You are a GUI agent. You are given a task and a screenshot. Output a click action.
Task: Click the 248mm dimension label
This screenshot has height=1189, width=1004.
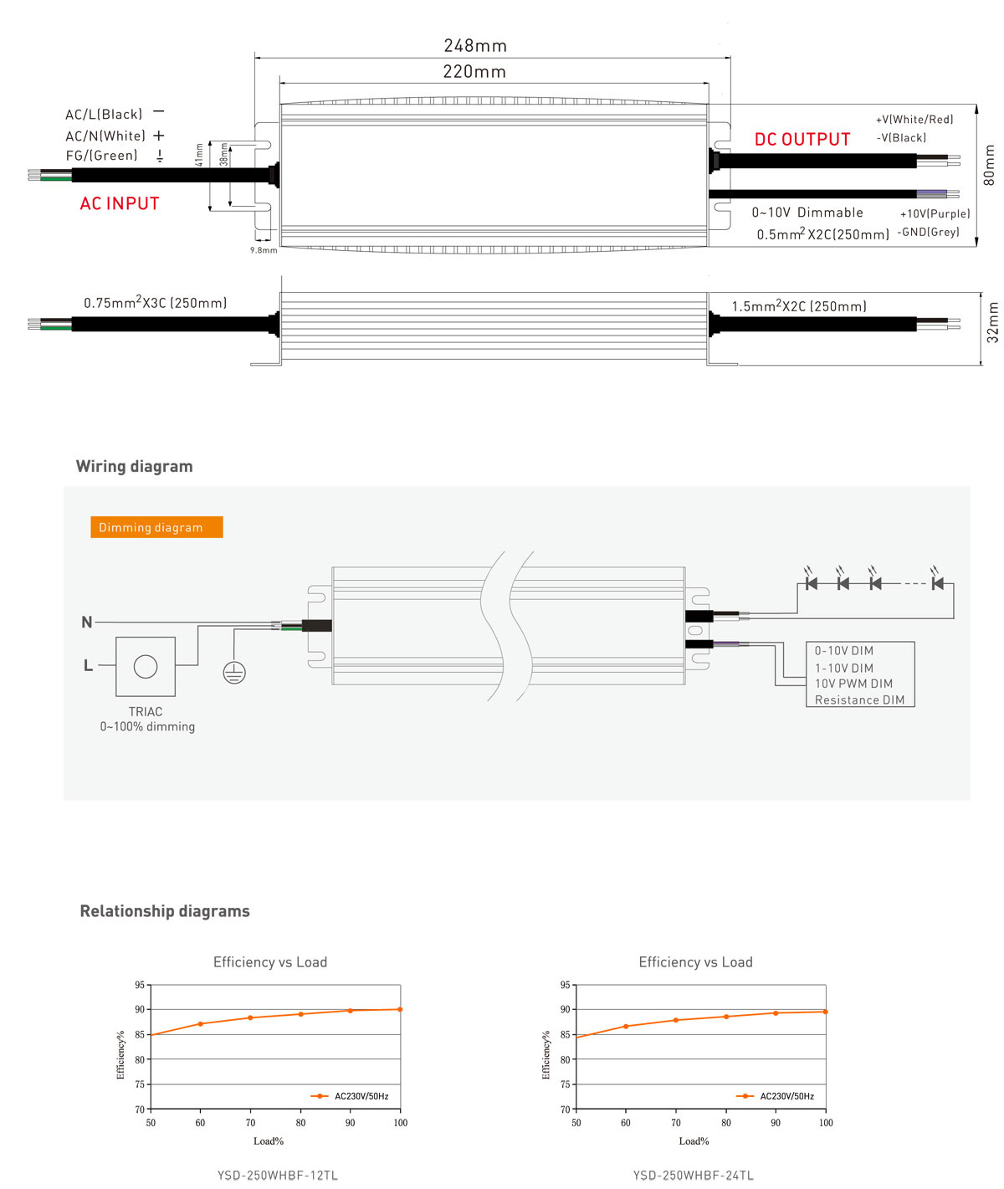pyautogui.click(x=475, y=46)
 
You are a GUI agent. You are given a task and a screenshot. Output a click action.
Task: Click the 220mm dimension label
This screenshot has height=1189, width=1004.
pyautogui.click(x=474, y=72)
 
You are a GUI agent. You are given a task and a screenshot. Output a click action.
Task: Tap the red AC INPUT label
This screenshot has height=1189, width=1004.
pyautogui.click(x=120, y=204)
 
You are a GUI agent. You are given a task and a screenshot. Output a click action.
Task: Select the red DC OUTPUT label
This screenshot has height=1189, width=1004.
pyautogui.click(x=802, y=140)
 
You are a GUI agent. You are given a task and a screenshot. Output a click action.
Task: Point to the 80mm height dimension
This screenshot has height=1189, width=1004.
pyautogui.click(x=990, y=165)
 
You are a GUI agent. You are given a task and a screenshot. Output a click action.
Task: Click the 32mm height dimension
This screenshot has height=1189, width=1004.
pyautogui.click(x=993, y=322)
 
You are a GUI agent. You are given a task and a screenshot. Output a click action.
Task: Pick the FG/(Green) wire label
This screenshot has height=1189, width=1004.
pyautogui.click(x=102, y=156)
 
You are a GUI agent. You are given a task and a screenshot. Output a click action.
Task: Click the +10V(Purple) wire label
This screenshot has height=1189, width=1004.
pyautogui.click(x=935, y=214)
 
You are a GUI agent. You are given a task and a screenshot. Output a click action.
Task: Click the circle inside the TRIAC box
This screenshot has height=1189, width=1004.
pyautogui.click(x=146, y=666)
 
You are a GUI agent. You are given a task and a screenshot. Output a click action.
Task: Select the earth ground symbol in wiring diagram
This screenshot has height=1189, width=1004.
pyautogui.click(x=234, y=672)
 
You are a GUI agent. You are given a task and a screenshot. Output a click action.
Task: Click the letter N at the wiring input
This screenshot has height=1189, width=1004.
pyautogui.click(x=87, y=623)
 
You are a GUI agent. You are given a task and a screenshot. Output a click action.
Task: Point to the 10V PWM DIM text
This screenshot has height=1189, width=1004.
pyautogui.click(x=853, y=684)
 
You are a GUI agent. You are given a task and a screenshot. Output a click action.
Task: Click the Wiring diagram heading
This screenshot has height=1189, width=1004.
pyautogui.click(x=135, y=467)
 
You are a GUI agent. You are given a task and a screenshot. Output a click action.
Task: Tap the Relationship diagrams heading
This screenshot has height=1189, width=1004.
pyautogui.click(x=165, y=911)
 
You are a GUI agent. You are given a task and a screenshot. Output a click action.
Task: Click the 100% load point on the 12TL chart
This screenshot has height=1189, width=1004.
pyautogui.click(x=400, y=1009)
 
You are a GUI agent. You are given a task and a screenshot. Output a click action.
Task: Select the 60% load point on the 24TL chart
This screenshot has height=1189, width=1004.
pyautogui.click(x=626, y=1026)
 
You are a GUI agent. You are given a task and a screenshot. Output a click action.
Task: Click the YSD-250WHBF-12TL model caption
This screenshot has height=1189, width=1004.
pyautogui.click(x=278, y=1176)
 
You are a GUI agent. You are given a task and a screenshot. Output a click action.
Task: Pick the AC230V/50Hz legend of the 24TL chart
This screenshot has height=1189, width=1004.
pyautogui.click(x=786, y=1096)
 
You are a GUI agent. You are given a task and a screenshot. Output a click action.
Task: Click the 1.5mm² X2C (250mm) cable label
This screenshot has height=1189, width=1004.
pyautogui.click(x=799, y=306)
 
